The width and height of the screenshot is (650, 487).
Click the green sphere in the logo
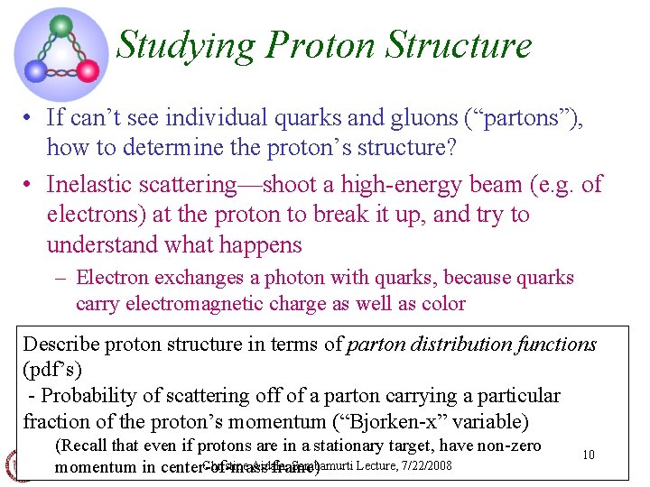tap(61, 25)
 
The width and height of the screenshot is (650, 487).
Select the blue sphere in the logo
tap(34, 70)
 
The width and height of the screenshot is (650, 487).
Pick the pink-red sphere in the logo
tap(88, 70)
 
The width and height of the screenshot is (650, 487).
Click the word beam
tap(491, 185)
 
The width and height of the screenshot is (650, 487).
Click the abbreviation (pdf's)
tap(51, 370)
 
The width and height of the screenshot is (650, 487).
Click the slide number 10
tap(588, 455)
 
